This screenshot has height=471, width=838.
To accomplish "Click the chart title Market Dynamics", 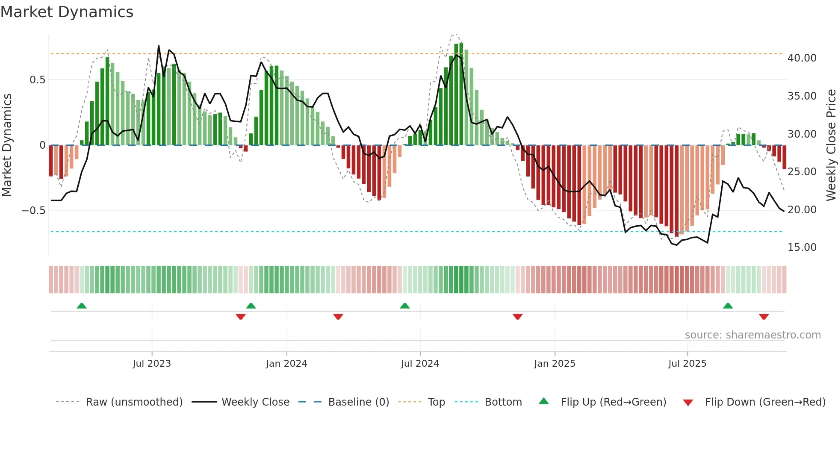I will point(67,12).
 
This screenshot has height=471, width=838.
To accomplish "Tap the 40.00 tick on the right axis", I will point(802,58).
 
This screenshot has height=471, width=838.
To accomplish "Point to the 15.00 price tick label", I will point(802,247).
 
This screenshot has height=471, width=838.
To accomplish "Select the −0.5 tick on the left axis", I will point(33,211).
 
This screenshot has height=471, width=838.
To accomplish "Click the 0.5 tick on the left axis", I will point(37,80).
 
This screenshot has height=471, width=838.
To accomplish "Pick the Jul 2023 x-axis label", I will point(152,364).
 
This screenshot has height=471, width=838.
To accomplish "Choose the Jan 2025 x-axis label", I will point(555,364).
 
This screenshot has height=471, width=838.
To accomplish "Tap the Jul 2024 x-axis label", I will point(420,364).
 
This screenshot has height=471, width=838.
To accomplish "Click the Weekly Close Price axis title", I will point(831,145).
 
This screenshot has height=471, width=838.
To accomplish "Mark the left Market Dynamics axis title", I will point(7,145).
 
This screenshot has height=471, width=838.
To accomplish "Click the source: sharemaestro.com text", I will point(752,335).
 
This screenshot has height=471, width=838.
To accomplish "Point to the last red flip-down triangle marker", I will point(764,317).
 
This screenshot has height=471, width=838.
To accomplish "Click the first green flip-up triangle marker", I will point(82,306).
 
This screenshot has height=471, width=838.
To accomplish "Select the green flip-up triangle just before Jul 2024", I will point(405,306).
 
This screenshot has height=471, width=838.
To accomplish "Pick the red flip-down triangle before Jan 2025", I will point(518,317).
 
